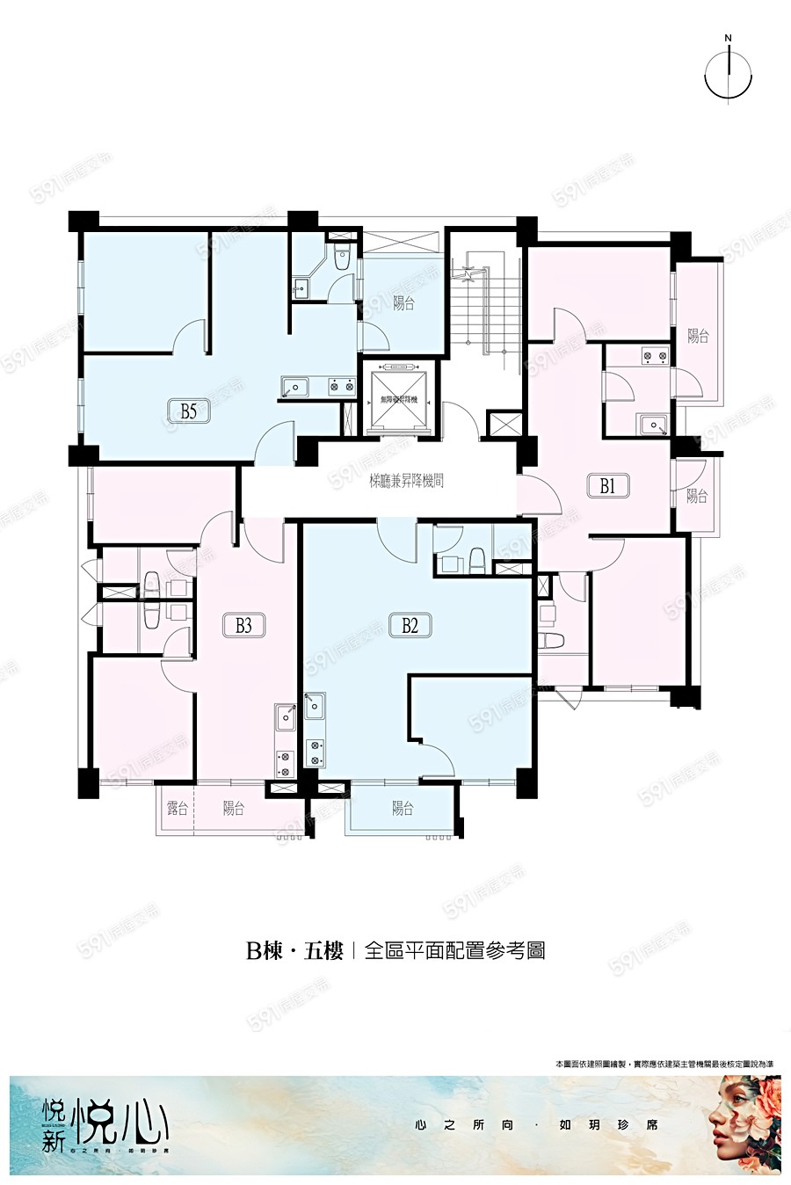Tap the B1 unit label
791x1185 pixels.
tap(606, 484)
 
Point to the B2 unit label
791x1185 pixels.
tap(409, 625)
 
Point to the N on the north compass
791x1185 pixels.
tap(728, 38)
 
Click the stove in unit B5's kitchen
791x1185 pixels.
tap(341, 385)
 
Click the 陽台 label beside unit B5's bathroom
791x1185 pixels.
tap(403, 304)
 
